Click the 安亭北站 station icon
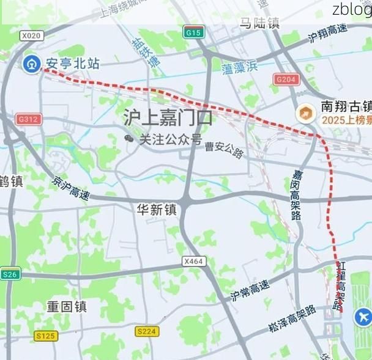[31, 63]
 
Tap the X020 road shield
[31, 36]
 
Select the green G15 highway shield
[193, 32]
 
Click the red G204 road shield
[286, 79]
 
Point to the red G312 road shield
[29, 119]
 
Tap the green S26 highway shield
[10, 274]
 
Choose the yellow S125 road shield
[45, 336]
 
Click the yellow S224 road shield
[147, 331]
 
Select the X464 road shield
[193, 261]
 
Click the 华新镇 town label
[156, 210]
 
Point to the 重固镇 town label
[67, 306]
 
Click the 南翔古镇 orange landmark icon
[305, 112]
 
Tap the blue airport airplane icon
[363, 317]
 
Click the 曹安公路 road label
[224, 149]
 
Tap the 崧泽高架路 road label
[292, 318]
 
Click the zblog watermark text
[352, 9]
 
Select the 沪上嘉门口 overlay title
[168, 116]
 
